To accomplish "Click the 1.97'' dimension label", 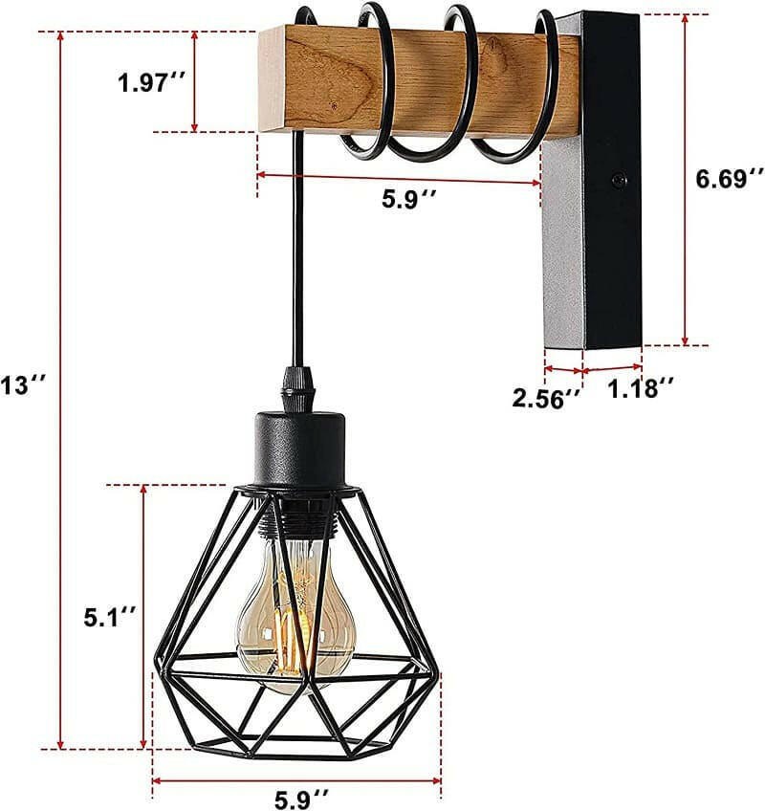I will (x=151, y=82).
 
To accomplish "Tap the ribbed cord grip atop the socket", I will (x=298, y=387).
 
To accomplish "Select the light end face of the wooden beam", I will (x=271, y=81).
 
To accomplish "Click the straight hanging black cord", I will (x=299, y=249).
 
